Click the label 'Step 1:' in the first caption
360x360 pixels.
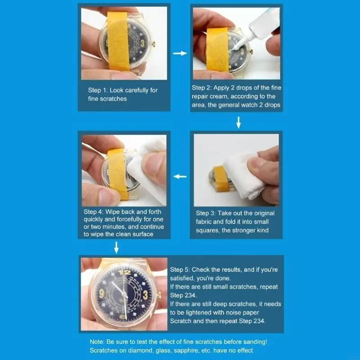click(99, 90)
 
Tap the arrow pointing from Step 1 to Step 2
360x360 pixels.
click(180, 54)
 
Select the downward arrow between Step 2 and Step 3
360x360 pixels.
click(238, 122)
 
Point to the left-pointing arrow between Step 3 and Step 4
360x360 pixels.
click(180, 176)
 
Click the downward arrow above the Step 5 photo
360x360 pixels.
click(117, 247)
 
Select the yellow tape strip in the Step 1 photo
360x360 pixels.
click(119, 40)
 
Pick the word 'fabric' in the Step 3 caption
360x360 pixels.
click(206, 222)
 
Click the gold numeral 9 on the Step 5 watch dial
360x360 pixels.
click(102, 294)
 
